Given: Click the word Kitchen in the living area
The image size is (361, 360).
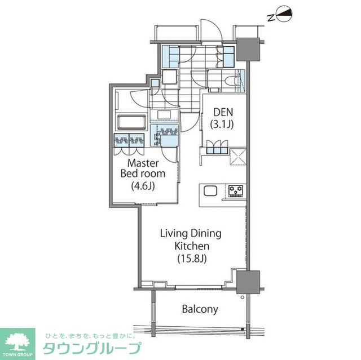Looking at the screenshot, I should tap(176, 246).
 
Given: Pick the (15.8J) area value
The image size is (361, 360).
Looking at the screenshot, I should tap(176, 259).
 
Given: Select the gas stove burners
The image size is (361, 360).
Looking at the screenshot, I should tap(235, 191).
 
